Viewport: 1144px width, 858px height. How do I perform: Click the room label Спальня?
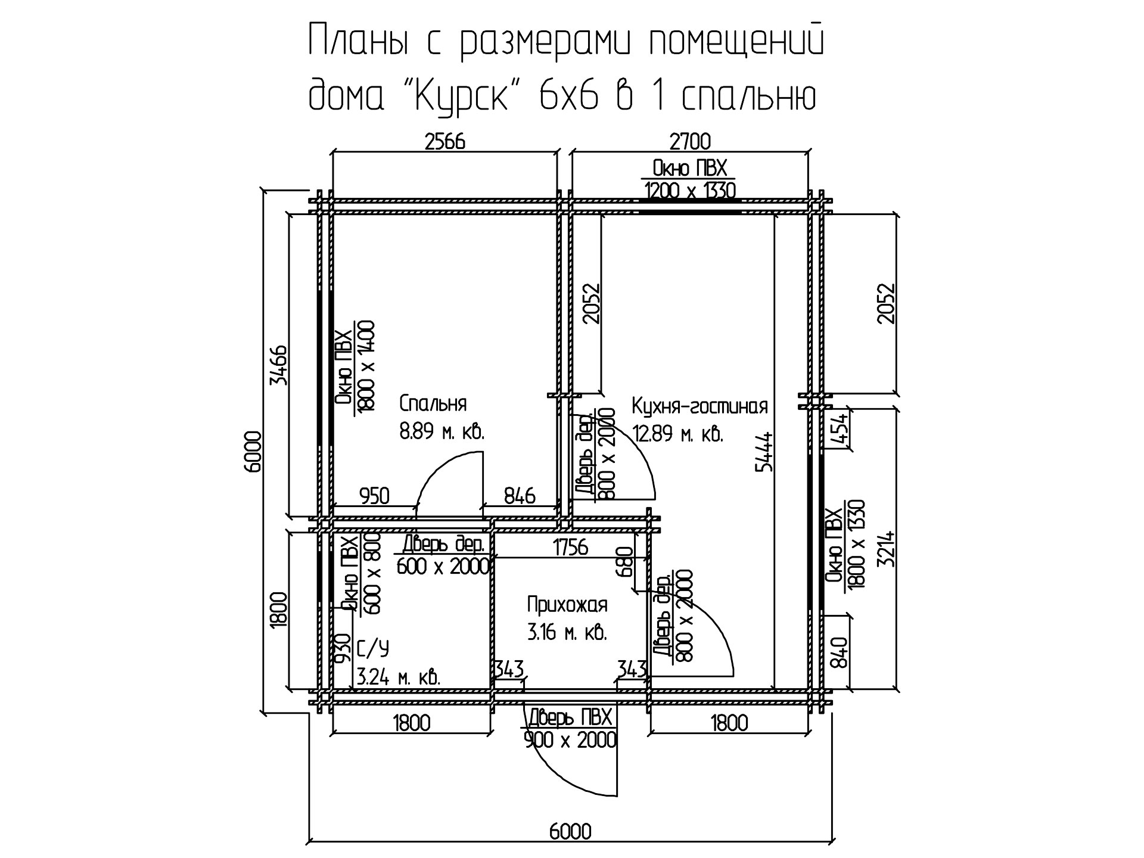[x=433, y=403]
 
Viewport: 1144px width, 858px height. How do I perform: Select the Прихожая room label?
[x=567, y=605]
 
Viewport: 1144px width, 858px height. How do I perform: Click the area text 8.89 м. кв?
[x=442, y=433]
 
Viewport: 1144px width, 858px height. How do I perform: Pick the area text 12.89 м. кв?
[x=677, y=434]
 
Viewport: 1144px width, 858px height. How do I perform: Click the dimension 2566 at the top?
[x=444, y=142]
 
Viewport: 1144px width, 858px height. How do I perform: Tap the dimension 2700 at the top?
[x=691, y=142]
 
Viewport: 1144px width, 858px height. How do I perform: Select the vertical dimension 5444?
[x=764, y=452]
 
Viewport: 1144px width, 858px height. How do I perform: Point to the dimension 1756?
[x=570, y=547]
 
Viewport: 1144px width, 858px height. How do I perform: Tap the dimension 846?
[x=520, y=496]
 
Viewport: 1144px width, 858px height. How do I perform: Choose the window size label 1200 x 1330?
[x=690, y=190]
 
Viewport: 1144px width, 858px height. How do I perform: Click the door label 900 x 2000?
[x=570, y=741]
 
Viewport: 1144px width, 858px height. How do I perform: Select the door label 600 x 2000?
[x=443, y=567]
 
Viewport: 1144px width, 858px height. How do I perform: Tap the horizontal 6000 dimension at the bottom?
[x=570, y=831]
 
